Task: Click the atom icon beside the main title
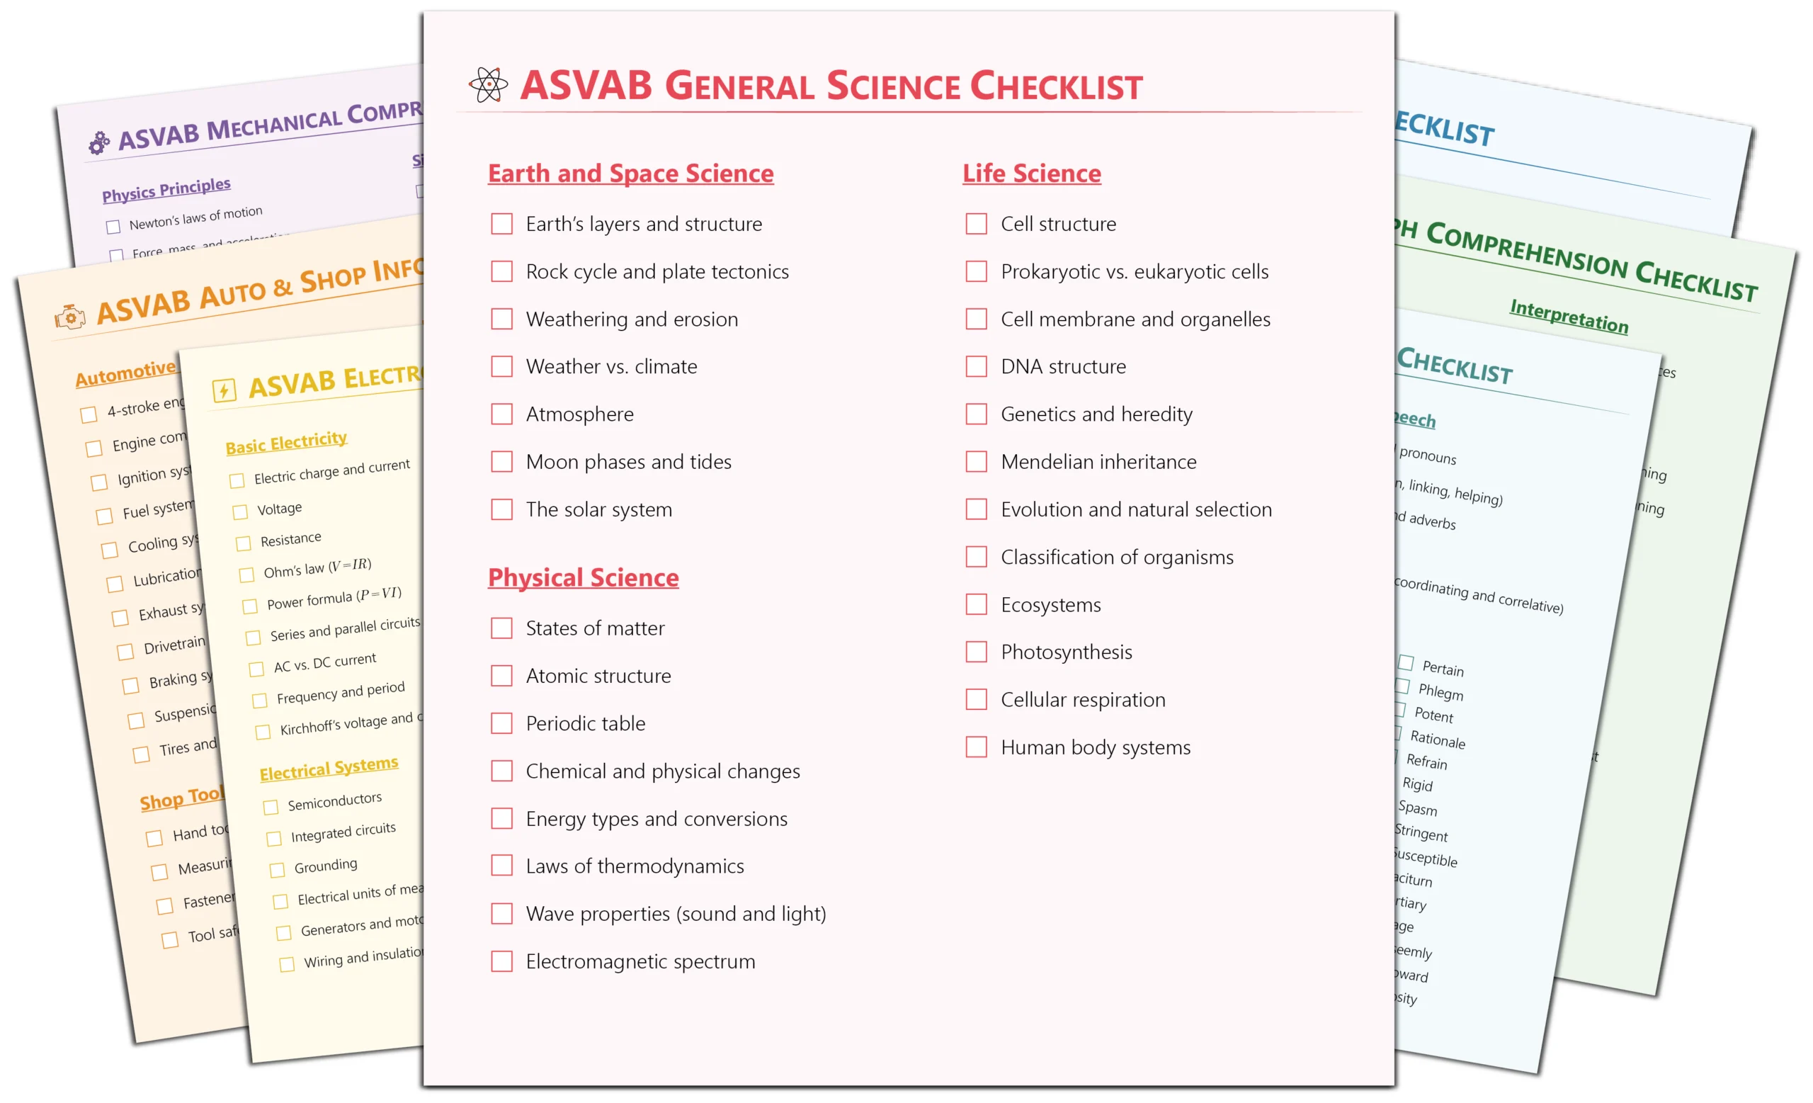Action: click(488, 85)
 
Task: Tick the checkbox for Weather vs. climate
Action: click(502, 366)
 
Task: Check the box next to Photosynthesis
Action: click(977, 652)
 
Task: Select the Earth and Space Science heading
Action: click(630, 174)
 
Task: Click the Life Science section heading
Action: click(1032, 174)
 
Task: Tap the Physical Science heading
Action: click(584, 578)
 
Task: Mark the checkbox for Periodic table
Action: click(502, 723)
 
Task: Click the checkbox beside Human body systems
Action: click(977, 747)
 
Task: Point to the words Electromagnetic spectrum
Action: click(640, 962)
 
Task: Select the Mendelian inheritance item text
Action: click(1098, 462)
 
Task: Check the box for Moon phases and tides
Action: click(502, 462)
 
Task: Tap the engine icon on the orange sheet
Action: click(70, 317)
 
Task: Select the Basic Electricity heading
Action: click(286, 443)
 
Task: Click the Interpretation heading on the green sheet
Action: click(1569, 317)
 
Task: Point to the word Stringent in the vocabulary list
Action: click(1421, 833)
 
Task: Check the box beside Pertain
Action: click(1406, 663)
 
